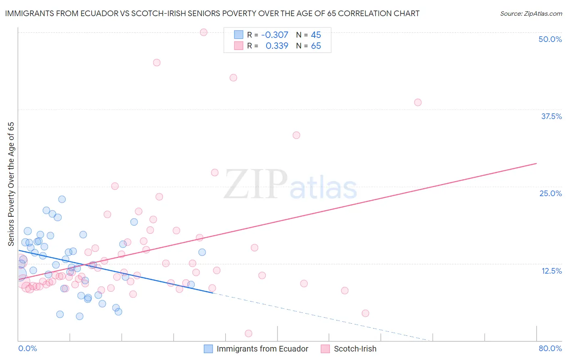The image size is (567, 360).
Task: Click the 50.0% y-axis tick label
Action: (x=550, y=39)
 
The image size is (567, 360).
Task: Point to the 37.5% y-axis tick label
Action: (x=551, y=116)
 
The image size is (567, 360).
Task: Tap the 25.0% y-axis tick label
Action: (x=550, y=193)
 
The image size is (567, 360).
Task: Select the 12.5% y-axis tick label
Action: (x=551, y=271)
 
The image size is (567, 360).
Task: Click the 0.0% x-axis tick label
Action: (x=27, y=348)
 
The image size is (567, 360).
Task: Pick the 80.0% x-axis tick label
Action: (x=550, y=348)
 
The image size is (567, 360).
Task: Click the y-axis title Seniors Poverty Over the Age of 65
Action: (x=11, y=184)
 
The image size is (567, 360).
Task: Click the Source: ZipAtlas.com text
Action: (x=531, y=14)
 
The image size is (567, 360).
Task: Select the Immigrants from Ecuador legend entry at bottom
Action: (x=256, y=349)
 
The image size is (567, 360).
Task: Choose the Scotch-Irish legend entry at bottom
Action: (x=349, y=349)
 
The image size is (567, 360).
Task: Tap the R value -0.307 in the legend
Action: (x=275, y=35)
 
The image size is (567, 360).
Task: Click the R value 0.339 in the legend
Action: (x=277, y=46)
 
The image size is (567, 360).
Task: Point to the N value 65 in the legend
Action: (x=316, y=46)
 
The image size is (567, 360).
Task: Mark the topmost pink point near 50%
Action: (x=204, y=32)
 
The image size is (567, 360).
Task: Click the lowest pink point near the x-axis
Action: (x=248, y=333)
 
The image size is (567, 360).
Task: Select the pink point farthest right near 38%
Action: (x=418, y=103)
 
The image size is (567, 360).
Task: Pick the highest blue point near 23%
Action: (x=62, y=199)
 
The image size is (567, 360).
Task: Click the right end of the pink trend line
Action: (x=536, y=163)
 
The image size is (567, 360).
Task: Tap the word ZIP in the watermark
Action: (x=255, y=184)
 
